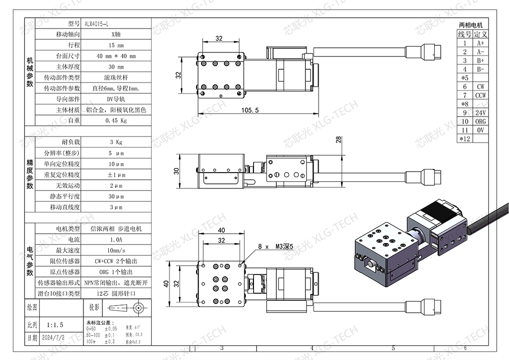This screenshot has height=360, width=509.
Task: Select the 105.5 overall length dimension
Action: pos(250,110)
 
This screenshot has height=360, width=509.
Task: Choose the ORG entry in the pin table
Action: pos(480,121)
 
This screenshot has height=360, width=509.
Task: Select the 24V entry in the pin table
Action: pos(480,113)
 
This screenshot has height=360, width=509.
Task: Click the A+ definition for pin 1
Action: pos(480,43)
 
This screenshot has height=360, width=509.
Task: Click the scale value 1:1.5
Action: pos(54,324)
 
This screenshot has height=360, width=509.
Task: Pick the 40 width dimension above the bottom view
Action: pos(221,231)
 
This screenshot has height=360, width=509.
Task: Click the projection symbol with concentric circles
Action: pos(137,308)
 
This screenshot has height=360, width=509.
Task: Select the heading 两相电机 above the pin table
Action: pos(471,25)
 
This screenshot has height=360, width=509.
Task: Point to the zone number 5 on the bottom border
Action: pos(393,349)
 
